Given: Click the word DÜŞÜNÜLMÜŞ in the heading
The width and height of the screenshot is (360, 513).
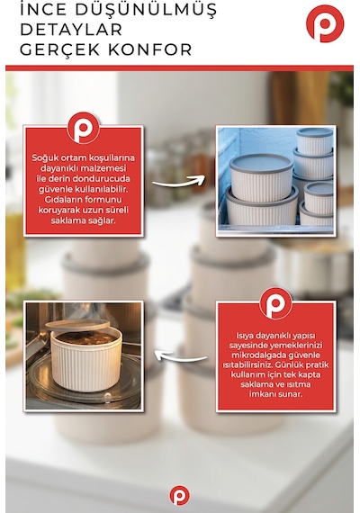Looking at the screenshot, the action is pyautogui.click(x=146, y=9).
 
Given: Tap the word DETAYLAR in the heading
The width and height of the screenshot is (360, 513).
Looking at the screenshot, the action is pyautogui.click(x=71, y=30).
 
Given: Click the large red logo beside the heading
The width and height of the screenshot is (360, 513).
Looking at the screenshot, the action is pyautogui.click(x=325, y=23).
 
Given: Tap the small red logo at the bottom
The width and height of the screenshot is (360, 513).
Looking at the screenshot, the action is pyautogui.click(x=179, y=495).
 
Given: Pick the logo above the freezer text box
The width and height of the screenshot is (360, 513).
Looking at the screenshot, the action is pyautogui.click(x=83, y=128).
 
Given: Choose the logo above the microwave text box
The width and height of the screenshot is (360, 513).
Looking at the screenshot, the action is pyautogui.click(x=275, y=303).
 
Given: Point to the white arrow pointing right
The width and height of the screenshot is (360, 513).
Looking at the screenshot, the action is pyautogui.click(x=179, y=181).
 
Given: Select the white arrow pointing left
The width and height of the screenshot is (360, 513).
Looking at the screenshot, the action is pyautogui.click(x=180, y=356).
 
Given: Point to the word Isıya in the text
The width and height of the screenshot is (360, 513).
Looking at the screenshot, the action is pyautogui.click(x=245, y=336).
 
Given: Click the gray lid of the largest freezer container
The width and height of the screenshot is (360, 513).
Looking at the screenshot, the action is pyautogui.click(x=261, y=163).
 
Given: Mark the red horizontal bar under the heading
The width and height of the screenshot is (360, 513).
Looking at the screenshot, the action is pyautogui.click(x=179, y=68).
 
